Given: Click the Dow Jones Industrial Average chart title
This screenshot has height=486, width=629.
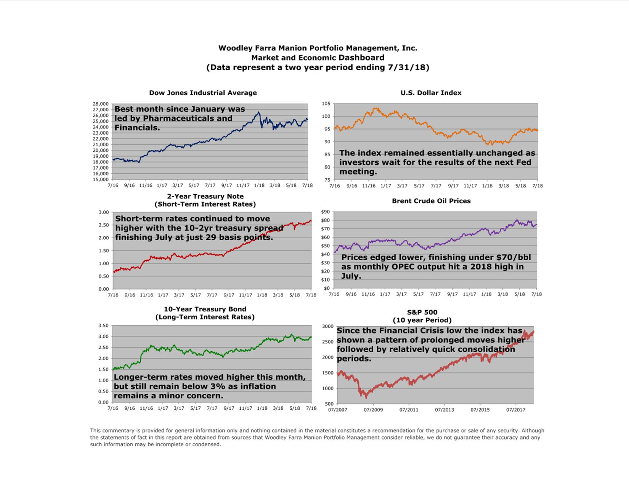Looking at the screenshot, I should [203, 93].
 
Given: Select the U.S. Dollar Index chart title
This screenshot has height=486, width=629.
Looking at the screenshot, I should [431, 93].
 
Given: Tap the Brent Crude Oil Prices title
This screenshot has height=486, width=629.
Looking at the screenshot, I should [431, 201].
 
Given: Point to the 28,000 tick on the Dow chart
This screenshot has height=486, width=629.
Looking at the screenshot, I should [101, 104].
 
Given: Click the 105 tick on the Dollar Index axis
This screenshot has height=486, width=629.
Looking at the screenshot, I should [326, 104].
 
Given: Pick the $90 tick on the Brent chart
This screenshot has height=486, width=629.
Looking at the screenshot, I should [325, 212].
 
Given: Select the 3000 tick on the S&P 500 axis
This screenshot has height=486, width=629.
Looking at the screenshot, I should [327, 326].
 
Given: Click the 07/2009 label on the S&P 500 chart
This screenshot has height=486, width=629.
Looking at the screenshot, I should [373, 410].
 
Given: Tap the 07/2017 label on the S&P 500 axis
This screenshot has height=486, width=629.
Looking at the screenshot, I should [516, 410].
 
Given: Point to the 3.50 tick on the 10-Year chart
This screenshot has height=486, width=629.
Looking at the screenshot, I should [103, 326].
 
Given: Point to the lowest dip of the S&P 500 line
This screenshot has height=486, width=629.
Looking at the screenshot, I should [367, 398].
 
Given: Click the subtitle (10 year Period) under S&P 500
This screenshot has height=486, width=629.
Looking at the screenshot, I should [422, 320].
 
